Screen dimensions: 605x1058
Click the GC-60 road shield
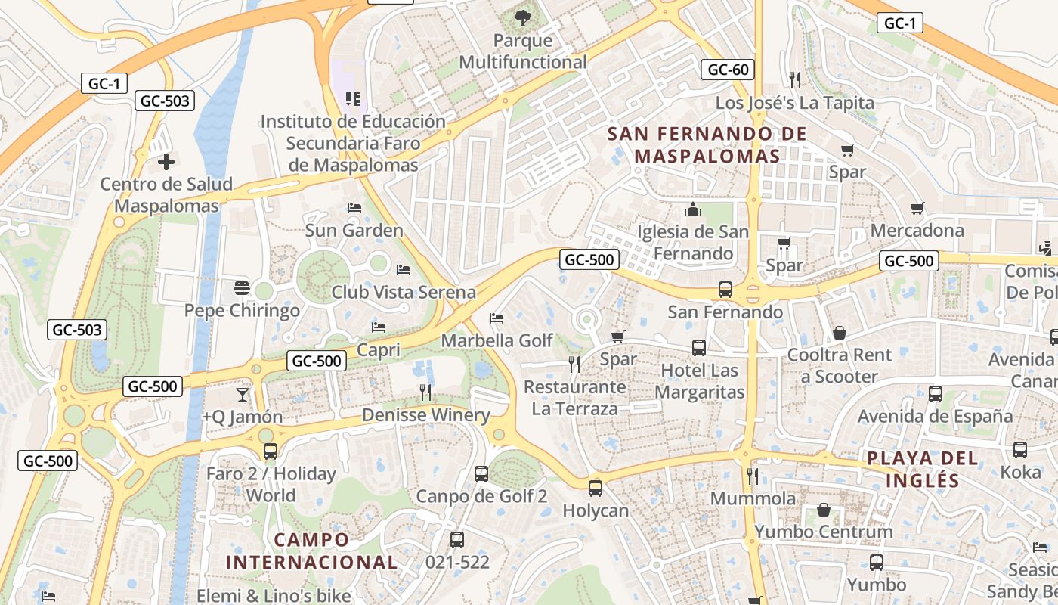(x=728, y=70)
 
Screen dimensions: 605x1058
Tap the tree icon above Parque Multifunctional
(x=522, y=17)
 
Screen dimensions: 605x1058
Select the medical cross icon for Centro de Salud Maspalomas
(x=166, y=161)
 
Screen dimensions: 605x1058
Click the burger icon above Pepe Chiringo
(x=242, y=287)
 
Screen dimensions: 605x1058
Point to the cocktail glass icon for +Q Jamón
(x=242, y=394)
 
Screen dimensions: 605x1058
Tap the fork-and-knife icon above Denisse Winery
(x=425, y=392)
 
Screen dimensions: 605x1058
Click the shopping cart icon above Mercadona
(x=917, y=208)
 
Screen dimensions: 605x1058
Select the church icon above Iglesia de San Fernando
(x=693, y=209)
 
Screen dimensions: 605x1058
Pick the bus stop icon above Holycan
(x=596, y=489)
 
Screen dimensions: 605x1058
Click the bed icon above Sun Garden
(x=354, y=207)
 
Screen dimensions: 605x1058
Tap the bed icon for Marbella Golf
(x=497, y=318)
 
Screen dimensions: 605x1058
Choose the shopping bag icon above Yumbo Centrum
(x=824, y=510)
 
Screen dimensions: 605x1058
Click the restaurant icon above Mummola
(x=753, y=476)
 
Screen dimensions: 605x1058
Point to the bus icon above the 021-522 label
(x=456, y=540)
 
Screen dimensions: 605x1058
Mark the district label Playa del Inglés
(x=922, y=469)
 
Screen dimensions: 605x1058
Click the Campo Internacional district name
(x=311, y=551)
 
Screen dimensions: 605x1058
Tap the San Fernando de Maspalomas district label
(x=707, y=145)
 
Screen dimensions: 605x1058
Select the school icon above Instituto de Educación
(x=352, y=98)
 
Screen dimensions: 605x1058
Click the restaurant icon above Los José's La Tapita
(x=794, y=79)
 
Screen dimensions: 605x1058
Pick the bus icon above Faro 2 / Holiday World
(x=271, y=451)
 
